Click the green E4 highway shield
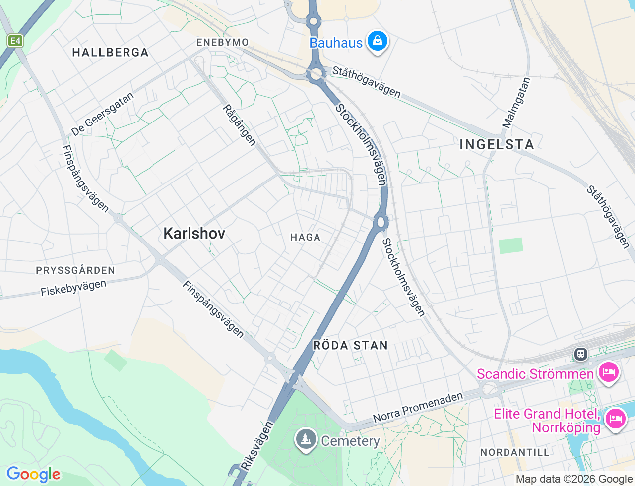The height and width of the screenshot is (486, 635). pos(15,41)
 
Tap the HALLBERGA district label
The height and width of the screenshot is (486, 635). pos(110,53)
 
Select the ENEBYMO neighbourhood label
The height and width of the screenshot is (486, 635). pos(223,42)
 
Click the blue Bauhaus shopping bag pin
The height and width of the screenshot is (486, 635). pos(377,41)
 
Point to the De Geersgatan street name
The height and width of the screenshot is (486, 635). pos(102,115)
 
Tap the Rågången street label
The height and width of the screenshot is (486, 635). pos(240,125)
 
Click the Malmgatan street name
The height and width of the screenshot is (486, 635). pos(516,103)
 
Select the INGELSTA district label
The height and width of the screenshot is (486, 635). pos(497,144)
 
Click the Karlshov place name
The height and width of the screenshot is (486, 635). pos(194,233)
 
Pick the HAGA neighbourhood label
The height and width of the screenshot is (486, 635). pos(306,238)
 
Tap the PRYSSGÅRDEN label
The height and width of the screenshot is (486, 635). pos(75,270)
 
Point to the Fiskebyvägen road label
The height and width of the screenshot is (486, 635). pos(73,288)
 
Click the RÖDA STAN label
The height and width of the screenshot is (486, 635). pos(350,346)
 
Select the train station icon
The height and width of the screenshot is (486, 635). pos(580,354)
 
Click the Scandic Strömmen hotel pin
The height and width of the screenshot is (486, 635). pos(608,372)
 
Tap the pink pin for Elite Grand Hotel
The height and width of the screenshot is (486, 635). pos(615,418)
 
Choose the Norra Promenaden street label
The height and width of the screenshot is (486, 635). pos(418,408)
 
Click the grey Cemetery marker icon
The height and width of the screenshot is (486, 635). pos(306,439)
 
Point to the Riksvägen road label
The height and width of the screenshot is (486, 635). pos(256,445)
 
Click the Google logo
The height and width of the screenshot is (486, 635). pos(33,475)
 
